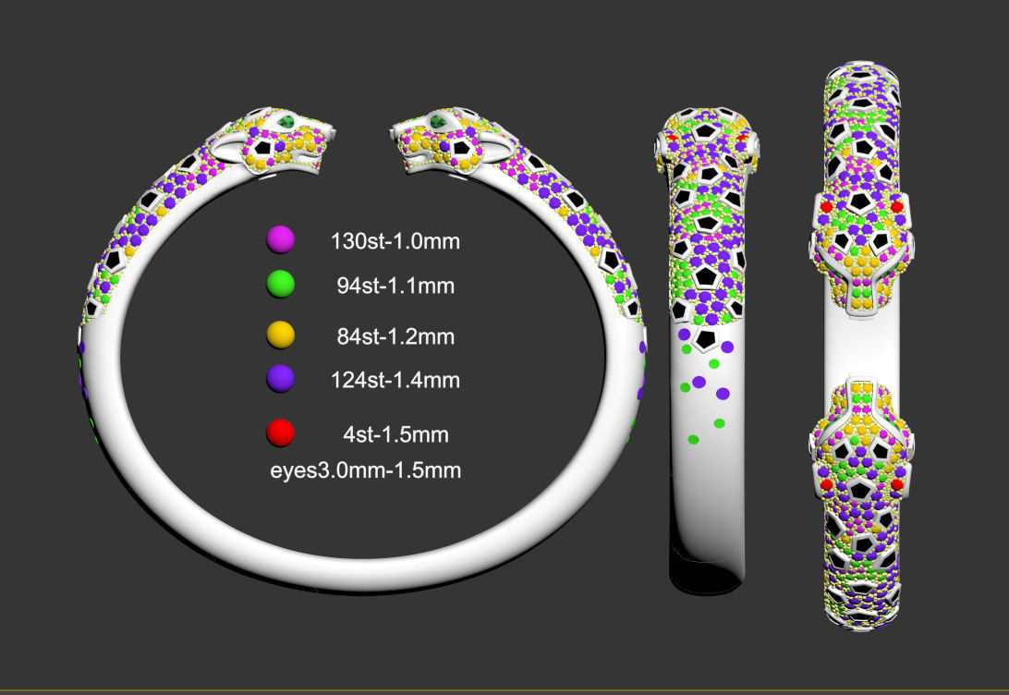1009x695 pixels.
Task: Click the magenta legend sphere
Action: (x=280, y=240)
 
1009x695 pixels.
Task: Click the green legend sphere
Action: (x=280, y=285)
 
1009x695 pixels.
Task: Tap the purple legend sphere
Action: (x=280, y=378)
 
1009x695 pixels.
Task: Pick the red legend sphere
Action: (x=280, y=433)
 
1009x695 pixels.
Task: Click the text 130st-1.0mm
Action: (x=395, y=242)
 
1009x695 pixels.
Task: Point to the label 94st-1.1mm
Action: (x=395, y=287)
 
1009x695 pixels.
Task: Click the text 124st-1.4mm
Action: (x=395, y=379)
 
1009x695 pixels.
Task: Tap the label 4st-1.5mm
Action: (x=395, y=433)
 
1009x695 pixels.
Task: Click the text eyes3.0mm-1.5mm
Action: (x=365, y=469)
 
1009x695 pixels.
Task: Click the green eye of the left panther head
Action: (x=288, y=122)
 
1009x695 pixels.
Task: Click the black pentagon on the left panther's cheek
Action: (x=263, y=147)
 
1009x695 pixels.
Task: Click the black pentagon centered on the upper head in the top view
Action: (x=860, y=201)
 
